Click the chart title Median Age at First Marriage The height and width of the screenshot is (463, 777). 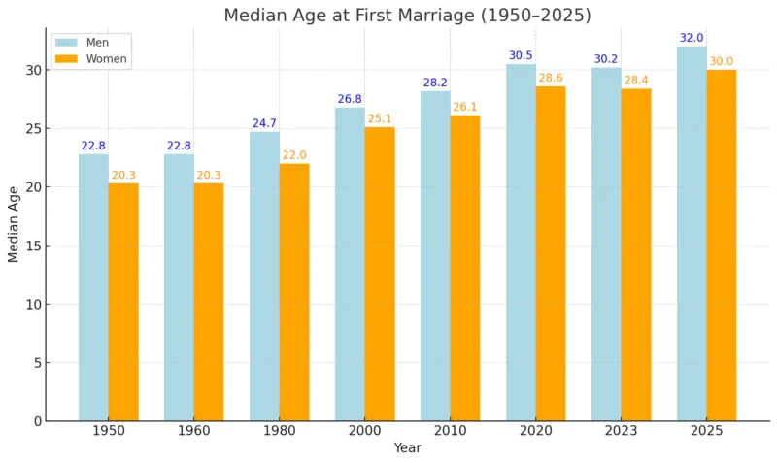click(x=407, y=16)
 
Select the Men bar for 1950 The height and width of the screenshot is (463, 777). click(x=93, y=287)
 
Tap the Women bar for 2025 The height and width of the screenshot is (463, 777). click(x=722, y=245)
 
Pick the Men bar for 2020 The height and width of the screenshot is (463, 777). click(x=521, y=243)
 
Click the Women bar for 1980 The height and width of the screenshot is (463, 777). click(x=294, y=291)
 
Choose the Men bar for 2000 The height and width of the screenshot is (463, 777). click(x=350, y=264)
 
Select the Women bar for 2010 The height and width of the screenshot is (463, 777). click(x=465, y=268)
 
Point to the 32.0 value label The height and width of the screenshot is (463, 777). click(x=692, y=39)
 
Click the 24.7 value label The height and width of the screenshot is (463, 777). click(x=264, y=124)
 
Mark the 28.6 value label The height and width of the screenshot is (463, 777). click(x=551, y=79)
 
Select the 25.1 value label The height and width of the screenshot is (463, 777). click(x=380, y=119)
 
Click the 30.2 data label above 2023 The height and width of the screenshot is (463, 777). click(x=606, y=59)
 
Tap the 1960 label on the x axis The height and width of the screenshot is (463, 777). click(x=193, y=431)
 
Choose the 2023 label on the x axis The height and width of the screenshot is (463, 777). click(x=621, y=431)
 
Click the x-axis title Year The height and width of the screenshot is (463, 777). click(x=407, y=448)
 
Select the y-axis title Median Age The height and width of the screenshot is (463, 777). click(x=14, y=224)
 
